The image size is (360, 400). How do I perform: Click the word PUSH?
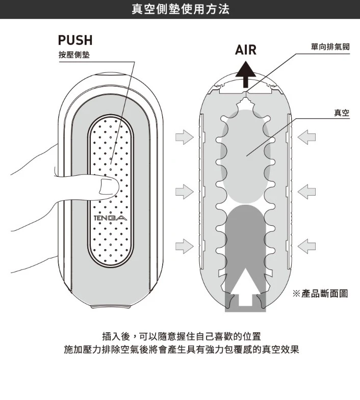click(x=75, y=40)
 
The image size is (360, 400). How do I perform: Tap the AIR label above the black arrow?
click(x=246, y=50)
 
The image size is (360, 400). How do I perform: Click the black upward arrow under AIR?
click(x=246, y=74)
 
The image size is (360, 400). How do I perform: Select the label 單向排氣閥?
click(x=330, y=47)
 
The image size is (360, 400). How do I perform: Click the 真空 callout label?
click(x=342, y=113)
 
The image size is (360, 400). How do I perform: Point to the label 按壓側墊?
click(x=74, y=55)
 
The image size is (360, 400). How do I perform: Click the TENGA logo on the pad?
click(x=110, y=218)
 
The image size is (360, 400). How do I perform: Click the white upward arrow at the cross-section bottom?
click(x=245, y=286)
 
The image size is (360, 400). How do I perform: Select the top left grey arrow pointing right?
click(x=185, y=137)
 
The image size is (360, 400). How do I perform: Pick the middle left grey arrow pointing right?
click(x=185, y=192)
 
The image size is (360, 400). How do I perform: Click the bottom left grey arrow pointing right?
click(x=185, y=246)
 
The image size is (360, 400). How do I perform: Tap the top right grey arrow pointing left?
click(x=306, y=137)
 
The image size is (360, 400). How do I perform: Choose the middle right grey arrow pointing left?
click(x=306, y=192)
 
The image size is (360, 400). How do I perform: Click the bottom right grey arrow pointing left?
click(x=306, y=246)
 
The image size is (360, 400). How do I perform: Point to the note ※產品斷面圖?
click(x=320, y=294)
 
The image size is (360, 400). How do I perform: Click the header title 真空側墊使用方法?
click(x=181, y=9)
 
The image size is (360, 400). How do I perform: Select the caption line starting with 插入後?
click(x=182, y=336)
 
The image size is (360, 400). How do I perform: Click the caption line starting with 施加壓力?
click(x=182, y=350)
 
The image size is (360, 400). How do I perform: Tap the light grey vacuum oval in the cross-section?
click(x=245, y=156)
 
